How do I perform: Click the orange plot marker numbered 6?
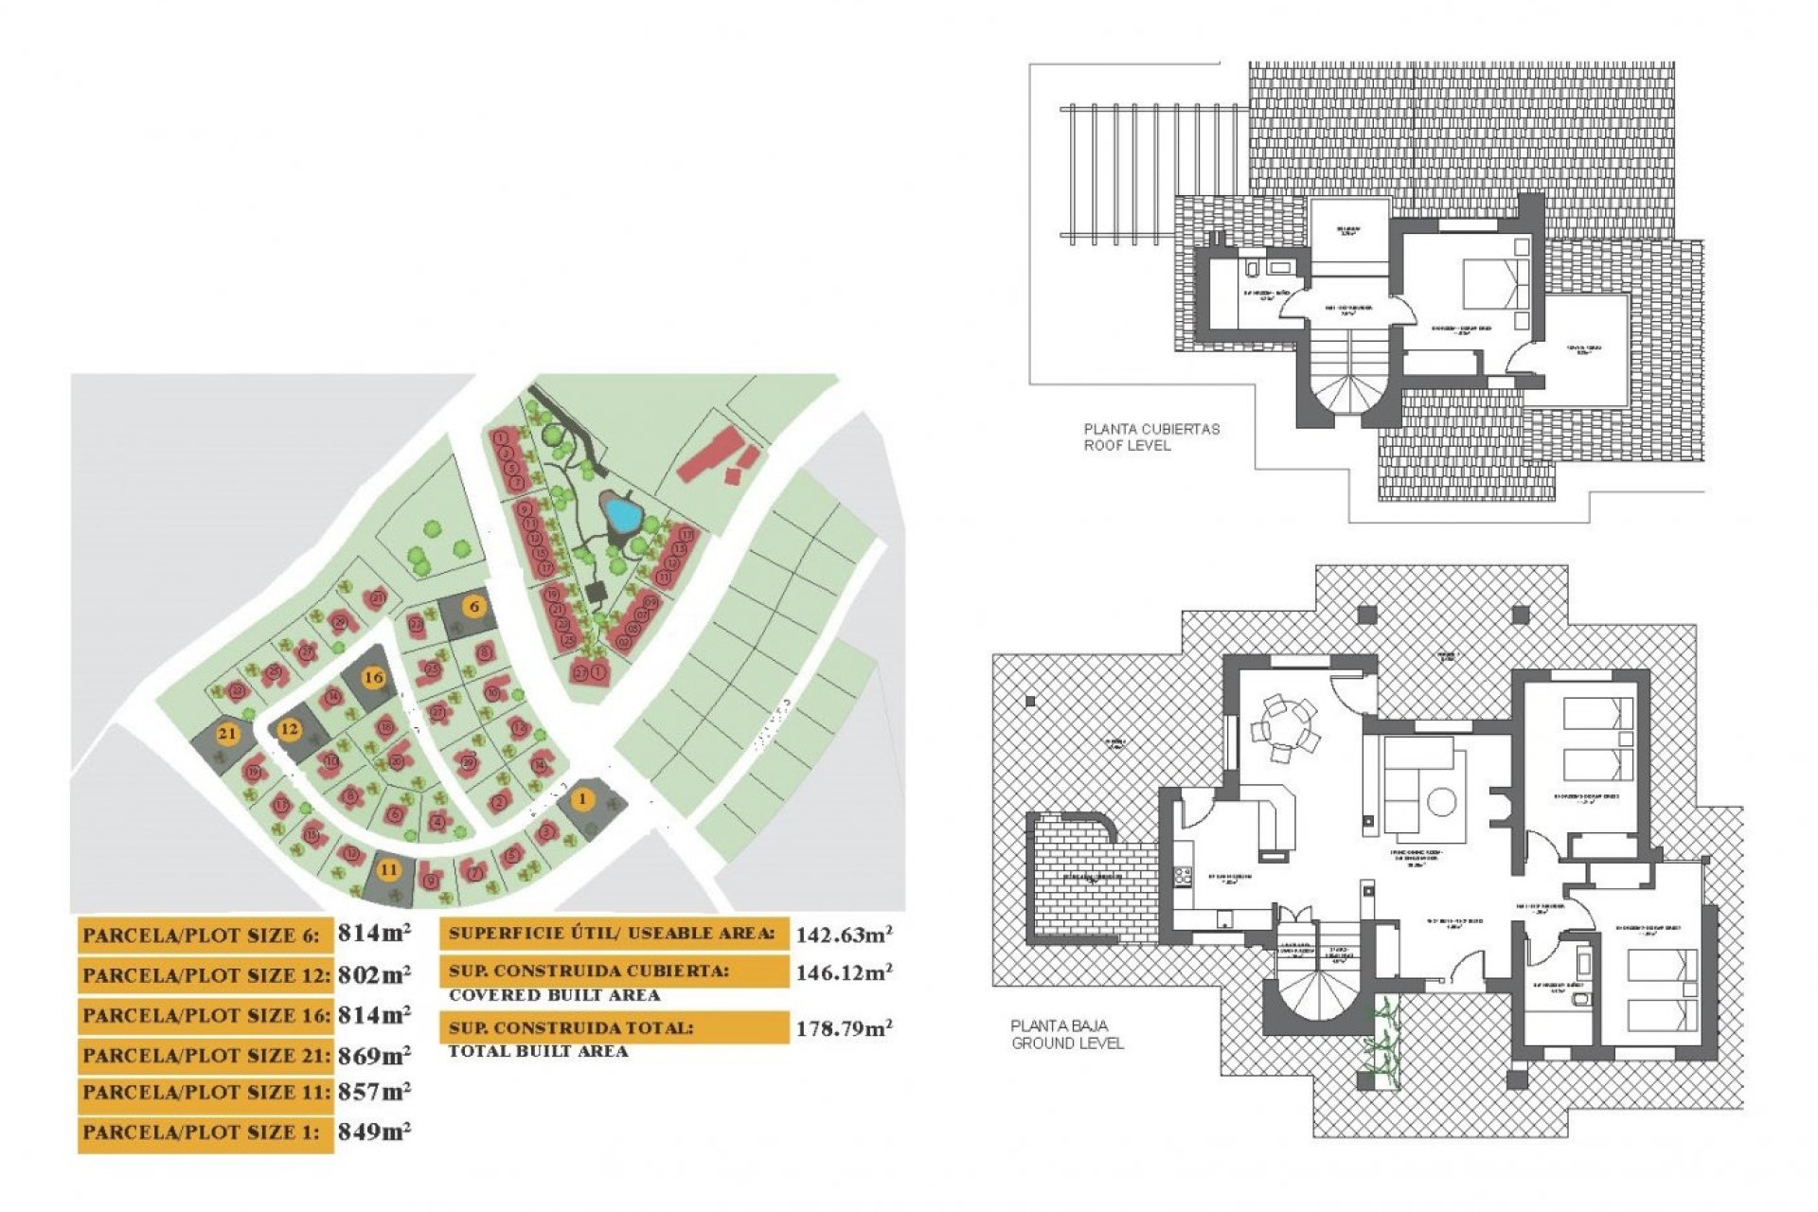(474, 606)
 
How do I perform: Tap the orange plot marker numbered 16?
(374, 677)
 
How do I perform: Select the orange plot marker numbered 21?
(227, 733)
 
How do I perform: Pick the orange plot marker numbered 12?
(289, 729)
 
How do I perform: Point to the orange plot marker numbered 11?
(388, 869)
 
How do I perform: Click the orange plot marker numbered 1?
(583, 799)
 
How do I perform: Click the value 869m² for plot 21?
(374, 1055)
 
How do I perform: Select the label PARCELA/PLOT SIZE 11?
(205, 1093)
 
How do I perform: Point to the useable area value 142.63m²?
(843, 936)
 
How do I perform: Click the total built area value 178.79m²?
(843, 1028)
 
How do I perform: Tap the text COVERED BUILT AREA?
(554, 995)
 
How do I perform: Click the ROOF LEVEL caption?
(1127, 445)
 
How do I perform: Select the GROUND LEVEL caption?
(1067, 1043)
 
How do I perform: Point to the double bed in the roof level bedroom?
(1496, 282)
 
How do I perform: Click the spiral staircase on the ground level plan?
(1319, 994)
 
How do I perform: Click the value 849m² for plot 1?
(374, 1132)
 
